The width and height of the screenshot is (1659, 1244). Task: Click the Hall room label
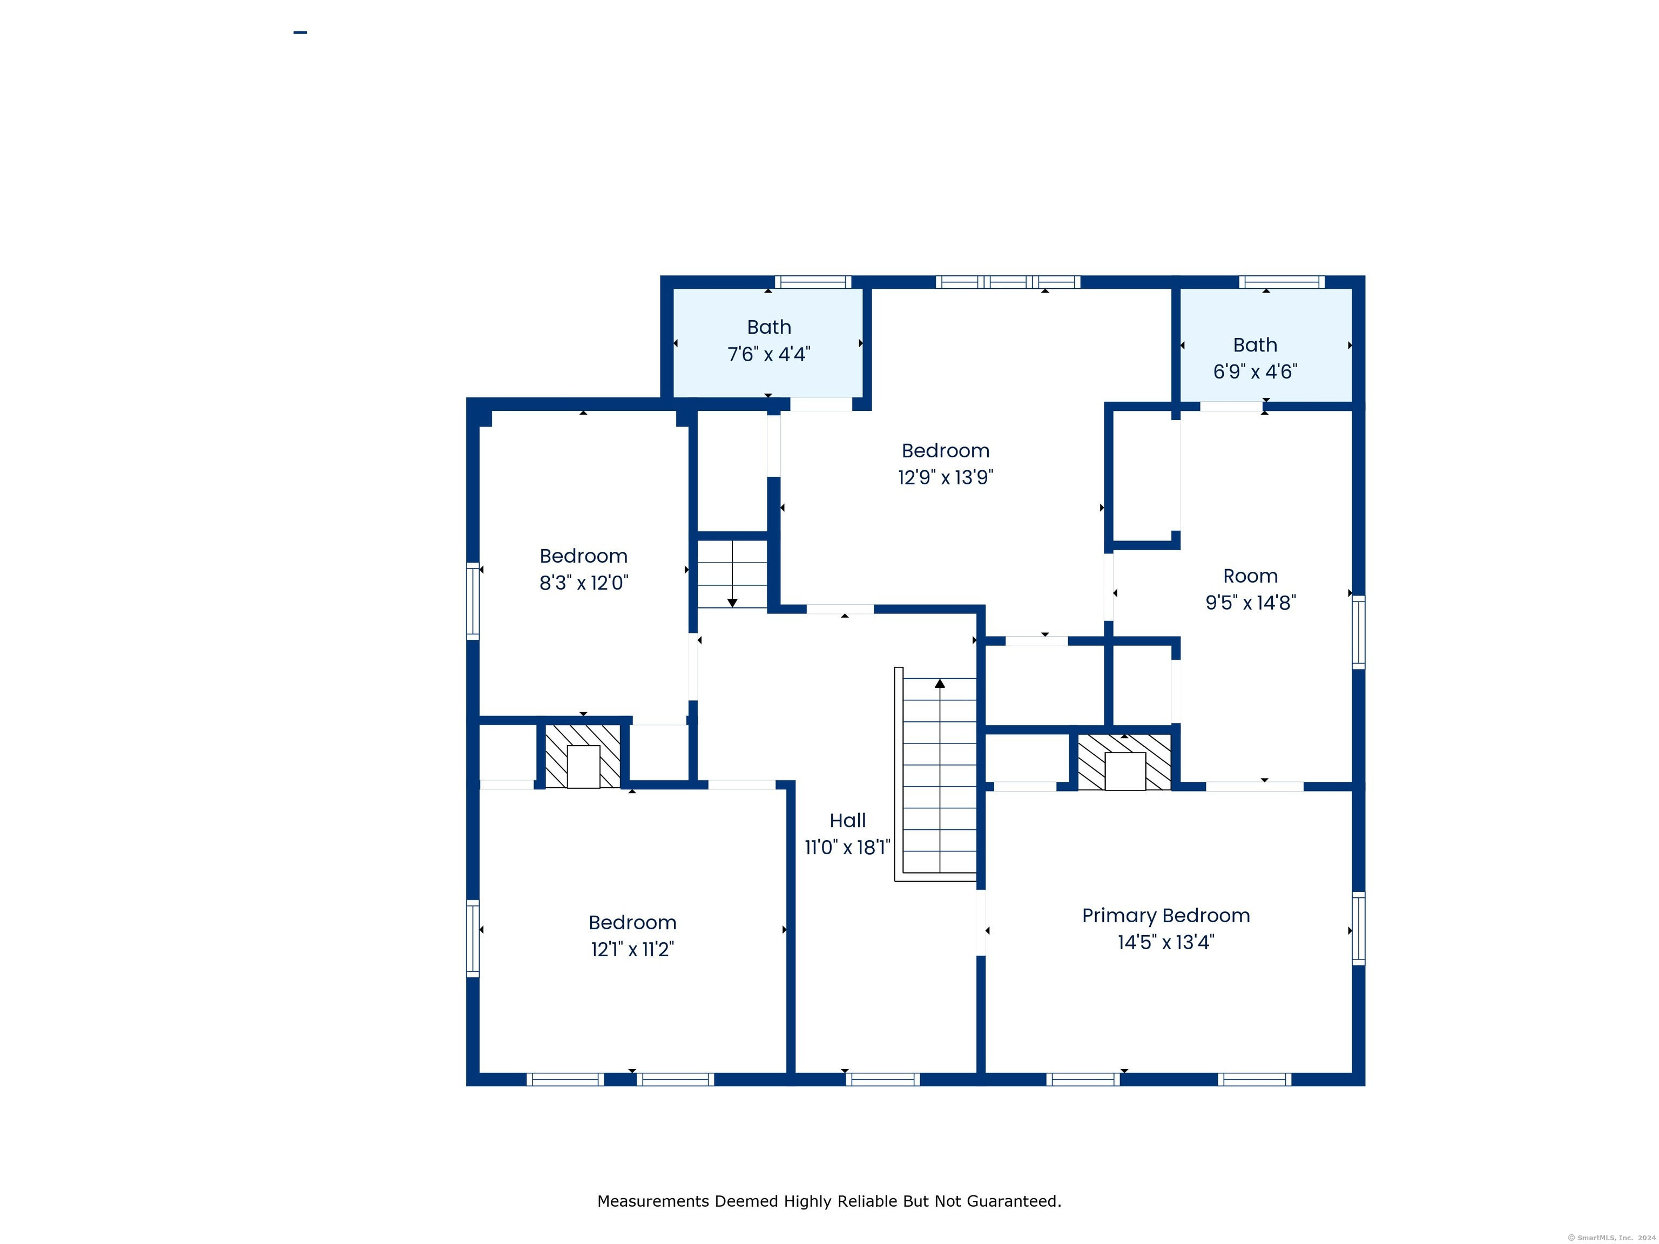coord(847,820)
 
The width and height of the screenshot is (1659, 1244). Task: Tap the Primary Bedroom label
coord(1165,916)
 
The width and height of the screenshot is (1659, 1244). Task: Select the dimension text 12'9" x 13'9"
coord(945,477)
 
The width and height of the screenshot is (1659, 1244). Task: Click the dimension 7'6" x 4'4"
coord(769,354)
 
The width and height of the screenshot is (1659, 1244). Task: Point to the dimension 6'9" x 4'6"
coord(1255,371)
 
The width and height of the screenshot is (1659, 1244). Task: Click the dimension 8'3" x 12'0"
coord(583,583)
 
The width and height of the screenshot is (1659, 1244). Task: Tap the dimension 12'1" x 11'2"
coord(632,949)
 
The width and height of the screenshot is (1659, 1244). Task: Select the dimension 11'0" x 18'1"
coord(847,847)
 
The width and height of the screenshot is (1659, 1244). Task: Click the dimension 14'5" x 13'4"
coord(1165,942)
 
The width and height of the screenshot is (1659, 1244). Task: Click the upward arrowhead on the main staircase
coord(940,683)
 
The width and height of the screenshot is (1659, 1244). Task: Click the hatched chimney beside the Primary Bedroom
coord(1124,762)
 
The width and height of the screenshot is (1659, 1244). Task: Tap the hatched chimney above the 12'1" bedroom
coord(583,756)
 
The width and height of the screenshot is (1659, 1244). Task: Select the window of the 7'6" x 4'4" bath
coord(813,282)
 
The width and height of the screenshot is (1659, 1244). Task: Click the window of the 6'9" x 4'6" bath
coord(1282,282)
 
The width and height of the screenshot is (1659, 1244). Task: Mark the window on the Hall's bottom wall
coord(883,1080)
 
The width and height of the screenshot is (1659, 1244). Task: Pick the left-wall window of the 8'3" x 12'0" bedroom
coord(473,600)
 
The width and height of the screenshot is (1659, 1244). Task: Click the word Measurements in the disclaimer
coord(653,1201)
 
